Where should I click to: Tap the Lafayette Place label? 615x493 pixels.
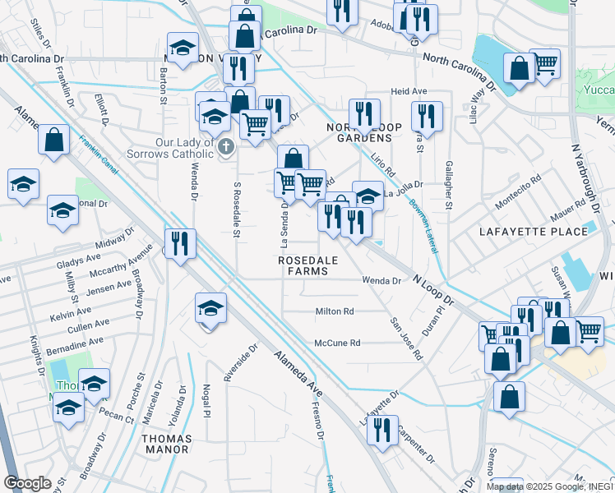(534, 232)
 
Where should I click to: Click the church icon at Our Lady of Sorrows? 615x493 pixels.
(227, 145)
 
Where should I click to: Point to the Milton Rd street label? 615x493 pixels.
(335, 311)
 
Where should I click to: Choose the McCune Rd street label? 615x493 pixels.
(337, 343)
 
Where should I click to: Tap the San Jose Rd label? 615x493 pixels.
(405, 339)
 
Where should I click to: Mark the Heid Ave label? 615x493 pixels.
(409, 91)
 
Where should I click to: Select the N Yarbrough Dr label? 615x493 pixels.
(578, 173)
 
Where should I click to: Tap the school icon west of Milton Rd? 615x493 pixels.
(210, 309)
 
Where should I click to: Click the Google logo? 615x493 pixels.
(27, 483)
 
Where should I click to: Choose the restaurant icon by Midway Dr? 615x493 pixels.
(179, 243)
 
